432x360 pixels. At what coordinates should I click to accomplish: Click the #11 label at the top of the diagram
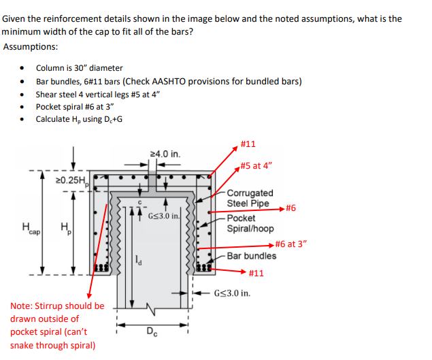click(x=248, y=144)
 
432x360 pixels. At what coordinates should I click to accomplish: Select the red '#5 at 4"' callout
click(x=257, y=166)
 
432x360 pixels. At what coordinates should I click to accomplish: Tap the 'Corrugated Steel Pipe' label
click(x=250, y=198)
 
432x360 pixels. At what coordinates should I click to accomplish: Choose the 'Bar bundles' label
click(x=251, y=256)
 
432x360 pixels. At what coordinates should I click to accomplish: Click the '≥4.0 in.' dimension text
click(x=164, y=154)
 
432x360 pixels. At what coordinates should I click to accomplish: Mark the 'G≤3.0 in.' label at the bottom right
click(x=232, y=294)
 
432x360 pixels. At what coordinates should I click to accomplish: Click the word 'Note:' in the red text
click(x=22, y=306)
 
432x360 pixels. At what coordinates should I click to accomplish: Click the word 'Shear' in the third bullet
click(x=46, y=94)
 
